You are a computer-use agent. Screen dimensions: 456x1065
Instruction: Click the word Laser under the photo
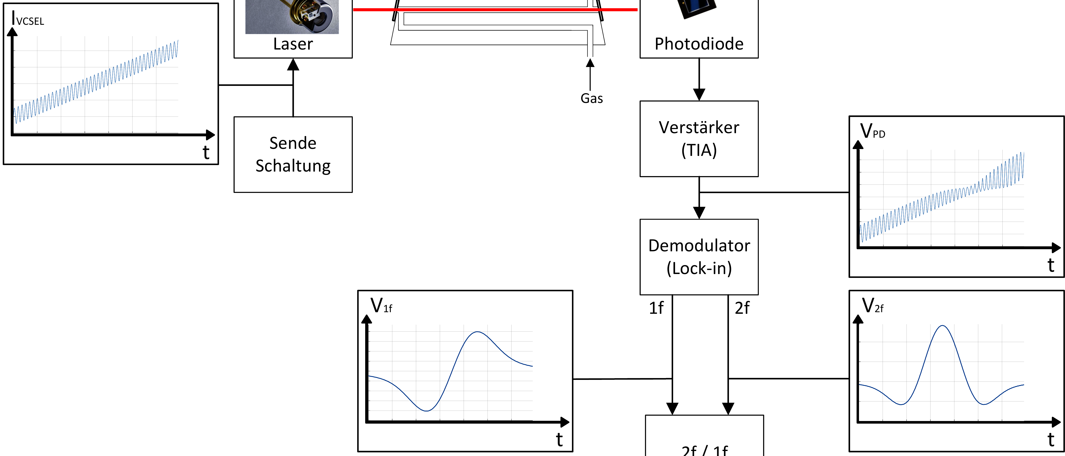[293, 44]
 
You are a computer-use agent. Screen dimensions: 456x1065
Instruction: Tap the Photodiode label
[699, 44]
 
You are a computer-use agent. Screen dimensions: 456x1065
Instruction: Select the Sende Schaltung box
[293, 154]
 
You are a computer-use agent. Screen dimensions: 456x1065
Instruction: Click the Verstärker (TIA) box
[699, 139]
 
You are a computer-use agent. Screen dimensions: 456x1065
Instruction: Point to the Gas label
[592, 98]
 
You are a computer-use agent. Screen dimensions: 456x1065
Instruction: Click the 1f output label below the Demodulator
[656, 308]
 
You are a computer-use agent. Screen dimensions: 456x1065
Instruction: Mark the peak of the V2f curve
[942, 326]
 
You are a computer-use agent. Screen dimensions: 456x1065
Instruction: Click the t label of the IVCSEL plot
[206, 152]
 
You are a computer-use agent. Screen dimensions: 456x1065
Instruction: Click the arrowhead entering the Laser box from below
[293, 65]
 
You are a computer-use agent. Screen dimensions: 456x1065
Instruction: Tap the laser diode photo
[292, 17]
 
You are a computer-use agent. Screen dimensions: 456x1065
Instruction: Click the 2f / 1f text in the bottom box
[704, 450]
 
